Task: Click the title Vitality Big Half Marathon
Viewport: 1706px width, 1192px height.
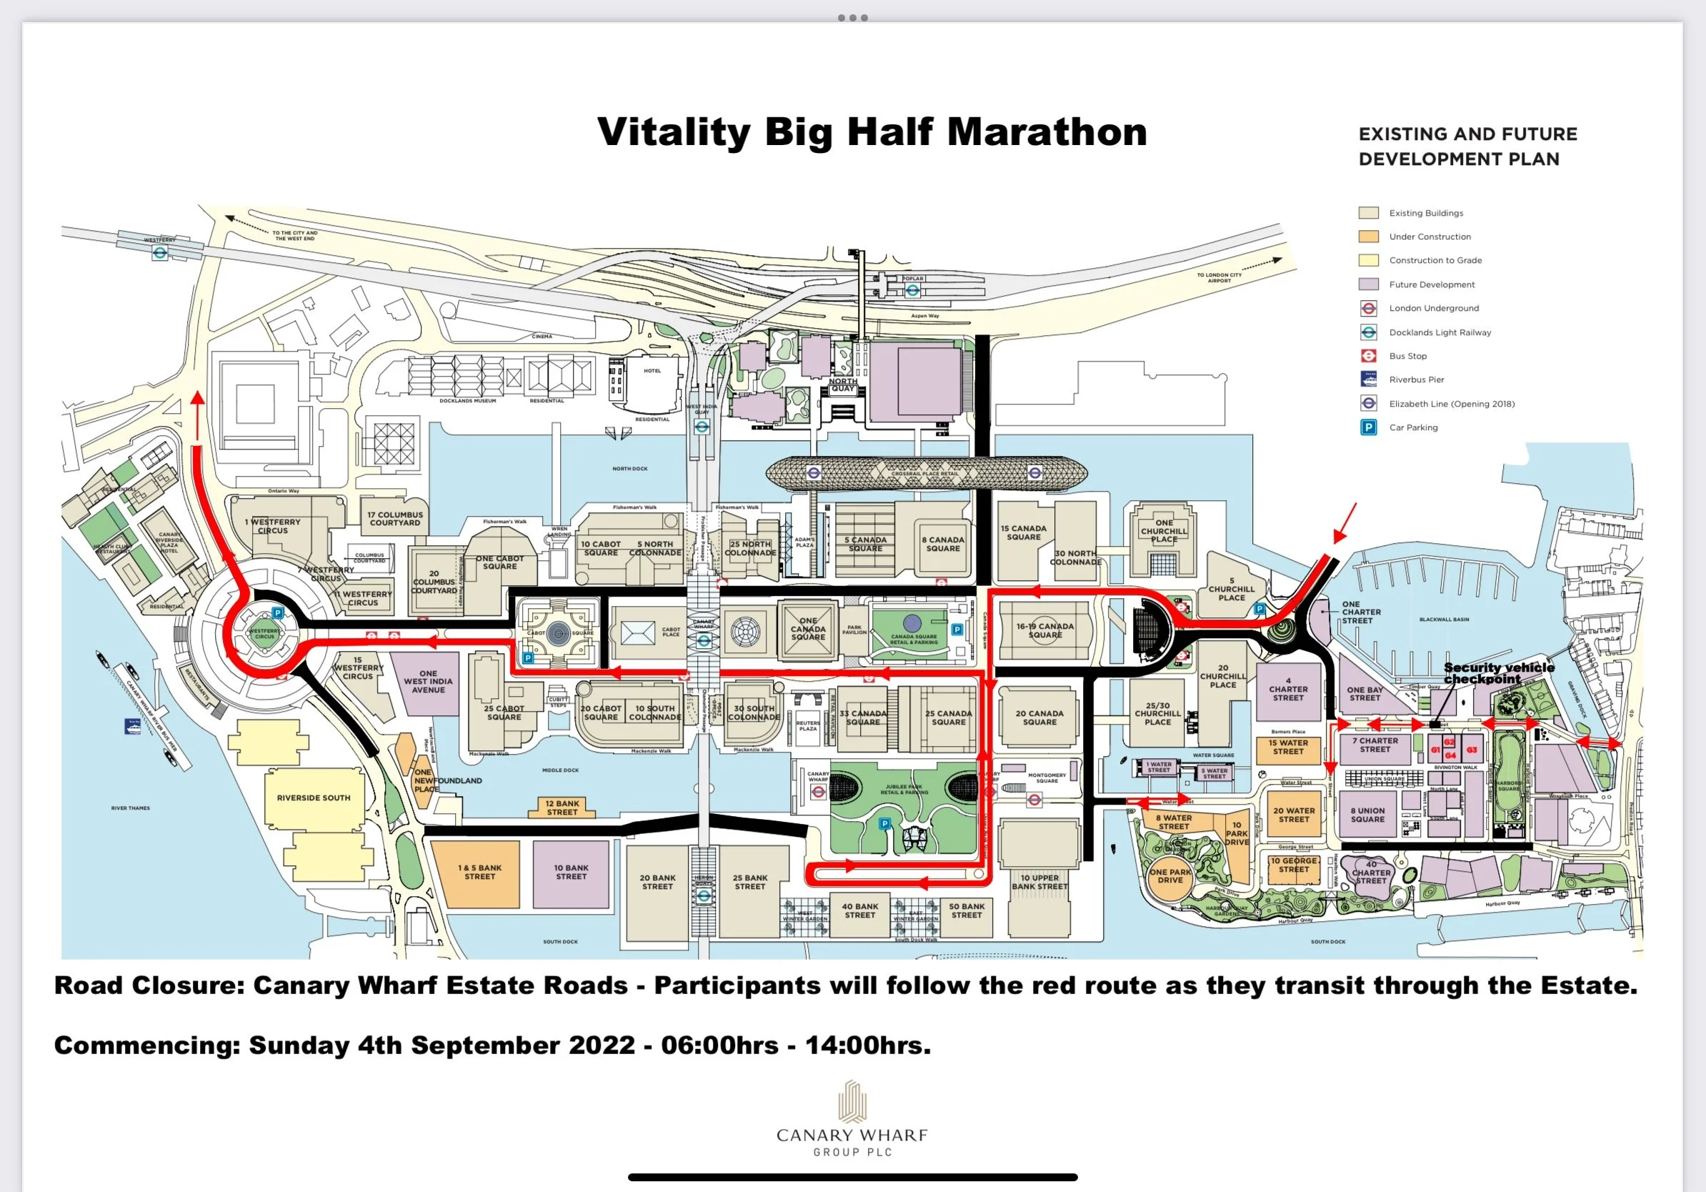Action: [872, 132]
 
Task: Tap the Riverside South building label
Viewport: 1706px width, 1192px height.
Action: [313, 798]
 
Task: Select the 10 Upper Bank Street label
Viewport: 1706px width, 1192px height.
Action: [1039, 882]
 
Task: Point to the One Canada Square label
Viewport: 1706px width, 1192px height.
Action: [808, 629]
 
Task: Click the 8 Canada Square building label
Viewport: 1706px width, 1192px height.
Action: [943, 544]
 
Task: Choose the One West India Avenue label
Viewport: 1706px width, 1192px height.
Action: [428, 682]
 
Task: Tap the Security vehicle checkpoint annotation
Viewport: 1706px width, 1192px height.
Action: [1498, 673]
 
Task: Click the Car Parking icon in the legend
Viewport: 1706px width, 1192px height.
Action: [1369, 427]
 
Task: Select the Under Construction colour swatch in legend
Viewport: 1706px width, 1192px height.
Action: [1369, 237]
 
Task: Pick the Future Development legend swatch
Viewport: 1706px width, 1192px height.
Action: [1369, 284]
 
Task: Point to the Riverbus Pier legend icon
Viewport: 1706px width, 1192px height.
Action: [1369, 379]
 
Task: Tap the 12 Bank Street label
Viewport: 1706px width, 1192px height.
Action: [562, 808]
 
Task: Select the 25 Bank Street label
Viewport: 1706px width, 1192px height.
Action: [749, 882]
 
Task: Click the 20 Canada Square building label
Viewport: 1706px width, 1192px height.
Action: [1039, 718]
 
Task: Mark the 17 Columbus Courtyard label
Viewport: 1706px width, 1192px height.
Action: [394, 519]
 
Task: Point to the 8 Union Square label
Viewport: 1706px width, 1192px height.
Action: [1367, 815]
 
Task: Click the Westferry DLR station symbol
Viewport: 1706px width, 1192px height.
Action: [160, 253]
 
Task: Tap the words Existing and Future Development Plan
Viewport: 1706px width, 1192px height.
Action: [1467, 146]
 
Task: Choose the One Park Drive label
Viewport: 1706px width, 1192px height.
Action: [1170, 876]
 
